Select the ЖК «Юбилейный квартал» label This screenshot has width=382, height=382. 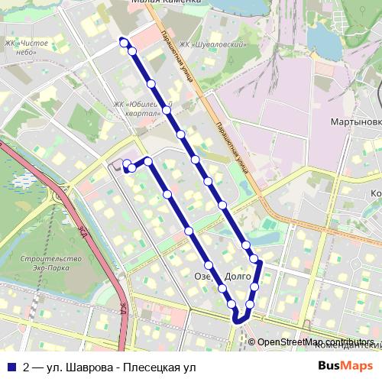tap(141, 108)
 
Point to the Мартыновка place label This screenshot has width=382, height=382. tap(355, 121)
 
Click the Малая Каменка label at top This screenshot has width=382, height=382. tap(166, 2)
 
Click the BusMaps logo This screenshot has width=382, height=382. tap(346, 366)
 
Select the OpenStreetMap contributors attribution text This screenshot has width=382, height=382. tap(316, 342)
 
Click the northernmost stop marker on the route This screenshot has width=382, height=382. tap(123, 42)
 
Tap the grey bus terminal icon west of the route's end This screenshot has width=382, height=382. tap(115, 164)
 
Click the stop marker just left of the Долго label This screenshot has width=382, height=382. tap(222, 289)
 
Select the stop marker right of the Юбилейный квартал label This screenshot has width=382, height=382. tap(166, 110)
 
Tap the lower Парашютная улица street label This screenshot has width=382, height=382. tap(231, 145)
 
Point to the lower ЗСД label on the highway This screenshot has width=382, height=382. tap(122, 307)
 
